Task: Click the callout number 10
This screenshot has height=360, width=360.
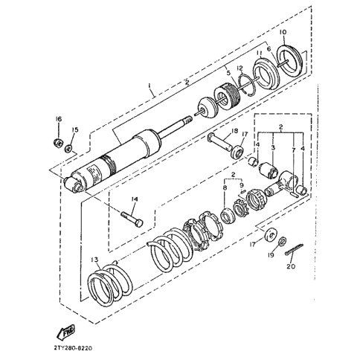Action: [283, 32]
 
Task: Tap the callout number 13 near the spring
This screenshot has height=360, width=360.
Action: [94, 260]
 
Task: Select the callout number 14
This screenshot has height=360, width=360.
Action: [135, 199]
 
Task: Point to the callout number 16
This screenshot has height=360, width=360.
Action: [59, 119]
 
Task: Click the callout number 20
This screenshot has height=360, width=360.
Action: [291, 266]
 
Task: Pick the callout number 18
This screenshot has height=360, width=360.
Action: [234, 131]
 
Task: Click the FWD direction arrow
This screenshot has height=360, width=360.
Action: [65, 332]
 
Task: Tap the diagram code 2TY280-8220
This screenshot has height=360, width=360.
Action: [73, 348]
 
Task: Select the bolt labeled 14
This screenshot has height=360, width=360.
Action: [132, 219]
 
